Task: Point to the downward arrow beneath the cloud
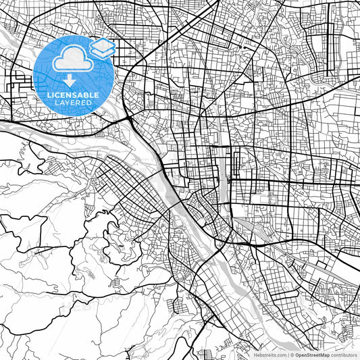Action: [x=70, y=80]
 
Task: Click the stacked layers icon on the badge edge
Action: [x=103, y=48]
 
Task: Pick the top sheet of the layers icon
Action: [x=103, y=44]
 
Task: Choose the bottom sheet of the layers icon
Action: [x=103, y=52]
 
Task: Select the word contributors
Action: [x=343, y=354]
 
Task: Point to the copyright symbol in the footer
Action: [x=291, y=354]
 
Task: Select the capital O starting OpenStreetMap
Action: [x=297, y=354]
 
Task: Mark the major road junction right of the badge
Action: [x=128, y=119]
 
